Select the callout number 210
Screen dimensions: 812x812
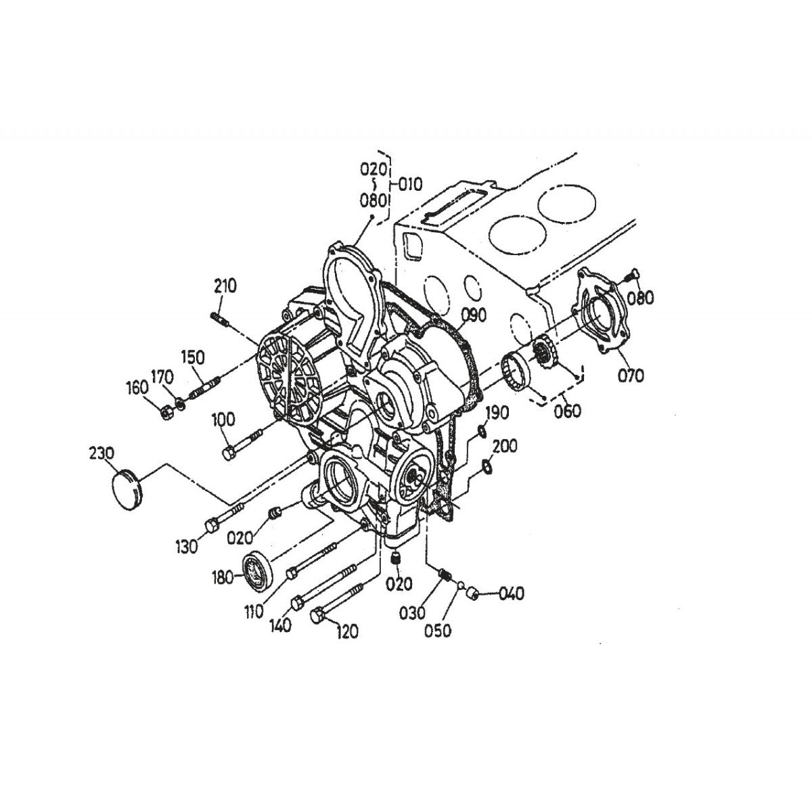click(225, 286)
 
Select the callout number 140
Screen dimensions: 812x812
click(279, 625)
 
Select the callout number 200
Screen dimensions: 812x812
click(505, 446)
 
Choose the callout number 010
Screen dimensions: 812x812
click(409, 183)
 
